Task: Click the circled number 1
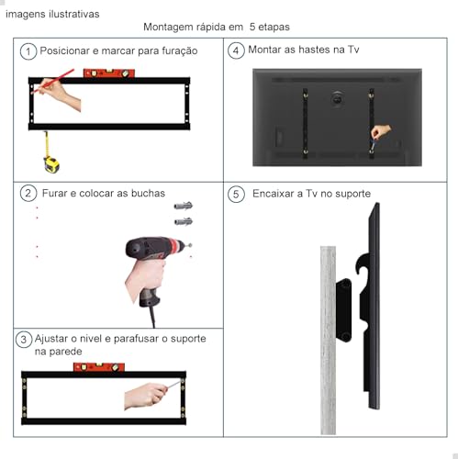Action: coord(30,51)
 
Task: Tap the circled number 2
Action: coord(29,194)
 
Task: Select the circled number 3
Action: coord(24,340)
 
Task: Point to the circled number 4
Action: coord(237,51)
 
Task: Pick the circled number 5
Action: coord(237,195)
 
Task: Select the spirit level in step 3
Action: coord(100,367)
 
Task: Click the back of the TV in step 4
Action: coord(337,117)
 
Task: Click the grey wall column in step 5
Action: coord(328,340)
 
